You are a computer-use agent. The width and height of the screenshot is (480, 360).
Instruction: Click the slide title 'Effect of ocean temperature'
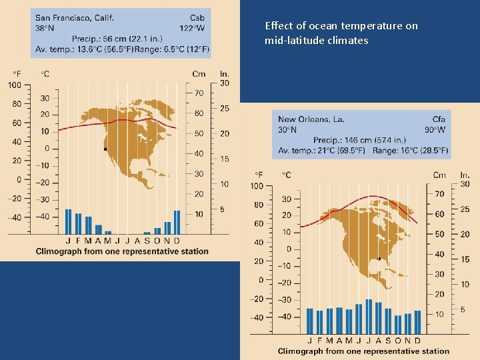pos(341,26)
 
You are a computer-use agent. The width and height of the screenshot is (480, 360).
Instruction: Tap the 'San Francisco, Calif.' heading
pos(74,17)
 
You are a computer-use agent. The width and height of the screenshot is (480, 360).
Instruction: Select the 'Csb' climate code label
pos(197,17)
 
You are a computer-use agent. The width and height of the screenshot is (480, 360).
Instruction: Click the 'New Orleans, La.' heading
pos(311,119)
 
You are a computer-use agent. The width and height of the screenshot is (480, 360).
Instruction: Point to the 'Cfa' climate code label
pos(438,119)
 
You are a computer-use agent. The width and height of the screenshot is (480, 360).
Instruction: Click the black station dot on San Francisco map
pos(105,149)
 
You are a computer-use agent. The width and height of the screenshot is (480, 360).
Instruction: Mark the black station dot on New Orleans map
pos(379,259)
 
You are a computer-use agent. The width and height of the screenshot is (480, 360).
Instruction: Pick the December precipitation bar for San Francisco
pos(177,221)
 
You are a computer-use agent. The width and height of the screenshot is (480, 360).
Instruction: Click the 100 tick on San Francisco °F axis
pos(15,85)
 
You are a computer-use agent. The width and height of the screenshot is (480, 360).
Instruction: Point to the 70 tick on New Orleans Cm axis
pos(439,194)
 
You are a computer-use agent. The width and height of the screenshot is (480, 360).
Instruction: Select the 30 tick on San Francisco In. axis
pos(225,83)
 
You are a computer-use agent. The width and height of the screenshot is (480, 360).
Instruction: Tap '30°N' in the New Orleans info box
pos(288,130)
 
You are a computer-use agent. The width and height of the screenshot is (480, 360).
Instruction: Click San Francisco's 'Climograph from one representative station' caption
pos(122,251)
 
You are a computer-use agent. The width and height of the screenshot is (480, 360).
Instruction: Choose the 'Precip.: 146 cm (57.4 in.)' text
pos(359,140)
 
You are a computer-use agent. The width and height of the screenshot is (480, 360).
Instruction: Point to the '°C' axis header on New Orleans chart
pos(286,175)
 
